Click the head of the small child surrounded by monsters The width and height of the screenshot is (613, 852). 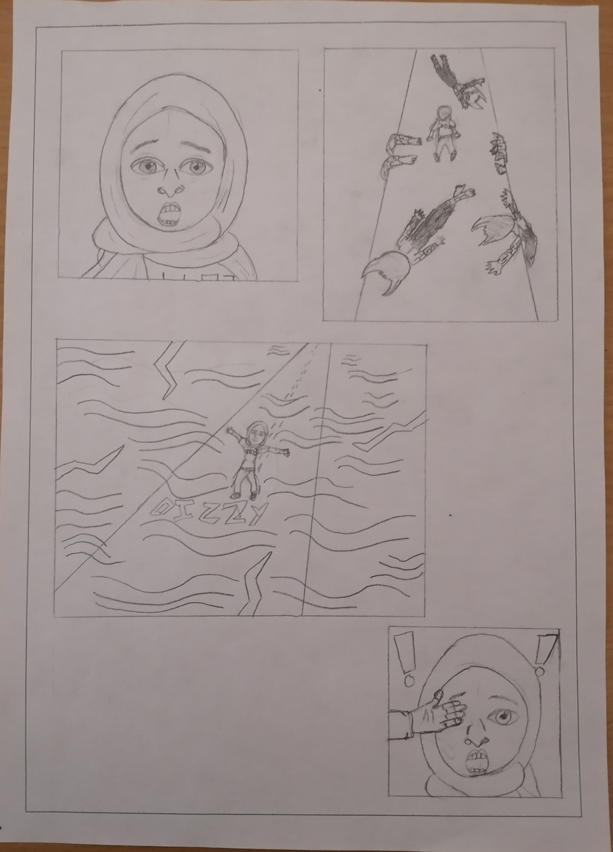coord(443,114)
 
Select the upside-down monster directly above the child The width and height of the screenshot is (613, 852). coord(460,82)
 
